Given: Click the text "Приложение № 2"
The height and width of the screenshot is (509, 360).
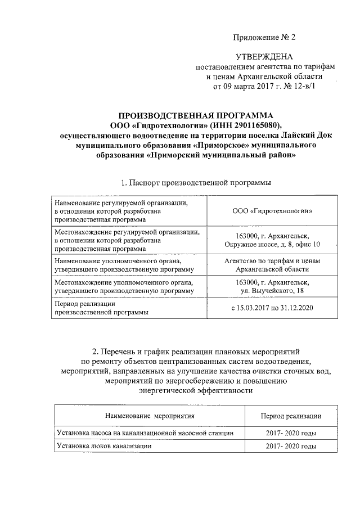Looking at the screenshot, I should tap(264, 38).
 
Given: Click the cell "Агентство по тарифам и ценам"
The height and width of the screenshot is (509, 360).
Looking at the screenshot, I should tap(272, 261).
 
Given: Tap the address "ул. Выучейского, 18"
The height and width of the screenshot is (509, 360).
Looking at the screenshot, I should tap(272, 290).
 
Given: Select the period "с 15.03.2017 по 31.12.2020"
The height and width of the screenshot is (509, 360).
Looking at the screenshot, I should tap(272, 307).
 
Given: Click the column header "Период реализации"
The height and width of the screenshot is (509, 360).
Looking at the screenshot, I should tap(291, 416).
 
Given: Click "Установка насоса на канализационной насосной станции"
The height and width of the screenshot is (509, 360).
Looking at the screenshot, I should tap(145, 433).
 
